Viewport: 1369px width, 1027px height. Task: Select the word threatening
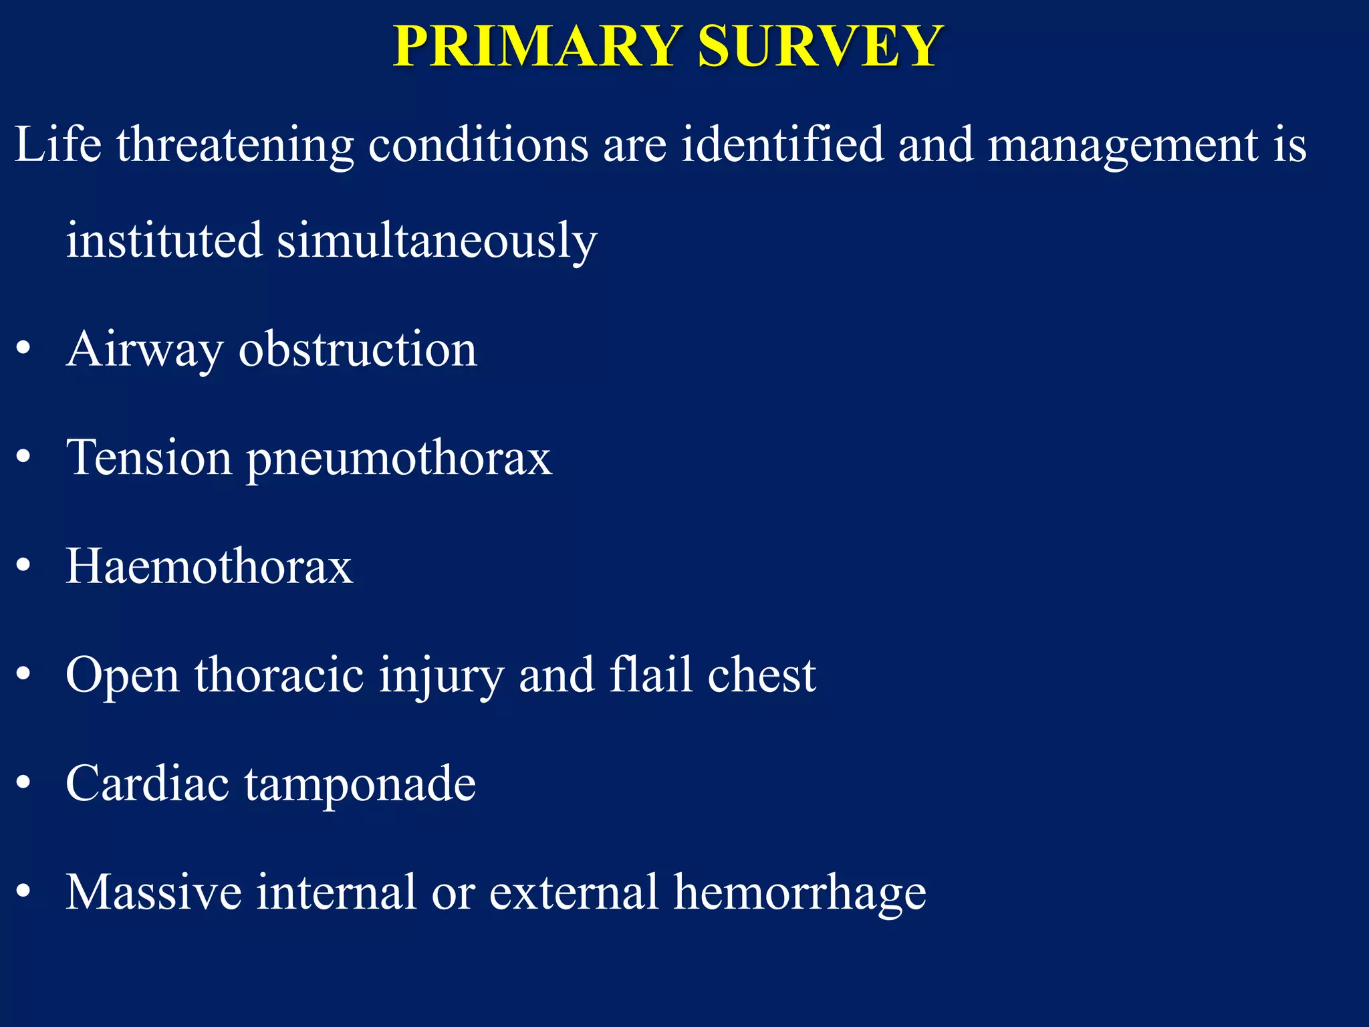235,146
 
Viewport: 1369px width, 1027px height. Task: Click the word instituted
164,239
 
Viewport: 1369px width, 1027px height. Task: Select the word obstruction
358,349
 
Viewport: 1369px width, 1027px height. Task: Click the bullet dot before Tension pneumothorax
24,457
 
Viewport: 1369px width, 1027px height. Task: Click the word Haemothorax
209,566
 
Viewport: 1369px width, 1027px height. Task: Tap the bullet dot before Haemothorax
24,566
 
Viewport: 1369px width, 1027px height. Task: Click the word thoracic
279,674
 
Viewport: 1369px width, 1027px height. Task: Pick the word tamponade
360,784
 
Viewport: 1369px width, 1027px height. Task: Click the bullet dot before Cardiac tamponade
24,783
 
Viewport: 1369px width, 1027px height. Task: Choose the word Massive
153,891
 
